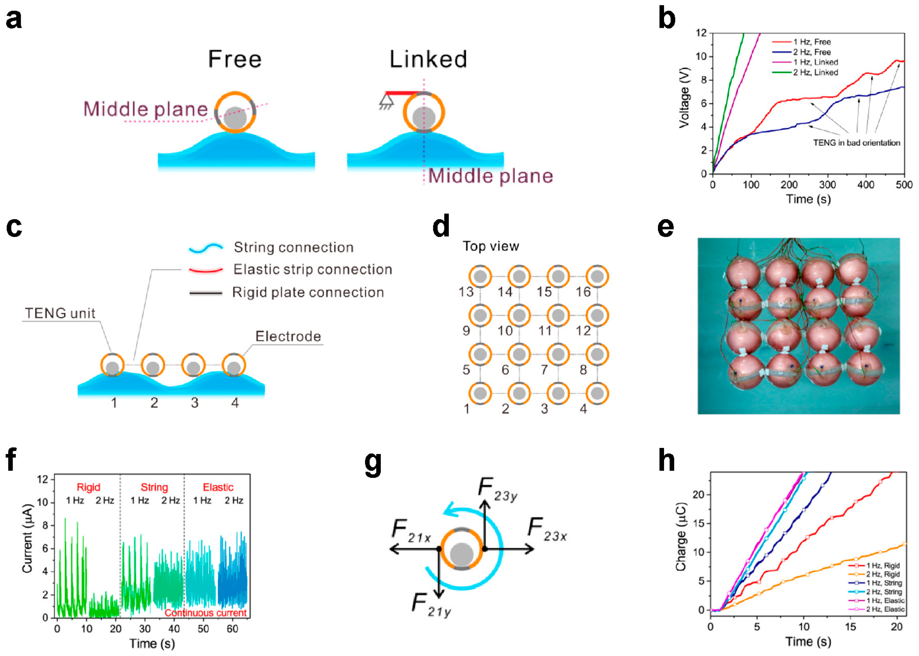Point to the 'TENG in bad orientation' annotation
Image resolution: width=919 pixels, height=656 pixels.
856,143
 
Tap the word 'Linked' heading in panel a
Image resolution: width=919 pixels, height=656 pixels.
428,59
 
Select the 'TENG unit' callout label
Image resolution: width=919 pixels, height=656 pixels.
60,313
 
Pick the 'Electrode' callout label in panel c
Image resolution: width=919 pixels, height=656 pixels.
288,336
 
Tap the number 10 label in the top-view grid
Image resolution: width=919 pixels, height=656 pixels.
505,331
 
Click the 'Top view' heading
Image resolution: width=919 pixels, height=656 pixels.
490,246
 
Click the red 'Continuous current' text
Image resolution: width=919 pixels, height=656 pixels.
205,613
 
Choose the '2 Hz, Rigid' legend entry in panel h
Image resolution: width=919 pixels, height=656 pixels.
883,574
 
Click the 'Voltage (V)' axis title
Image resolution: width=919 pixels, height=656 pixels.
684,98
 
